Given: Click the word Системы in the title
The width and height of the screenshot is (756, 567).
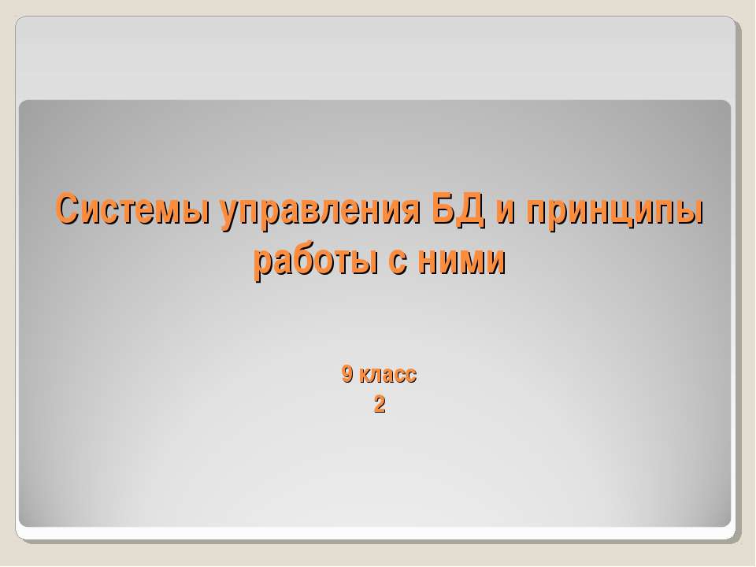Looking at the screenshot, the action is [x=132, y=209].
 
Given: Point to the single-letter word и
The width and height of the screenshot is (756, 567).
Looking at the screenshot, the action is [x=506, y=212].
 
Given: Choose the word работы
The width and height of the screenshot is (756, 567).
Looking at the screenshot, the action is [x=316, y=261].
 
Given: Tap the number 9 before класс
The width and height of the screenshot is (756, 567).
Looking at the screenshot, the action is [x=347, y=374].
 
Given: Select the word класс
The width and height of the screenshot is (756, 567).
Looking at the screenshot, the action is [x=387, y=376].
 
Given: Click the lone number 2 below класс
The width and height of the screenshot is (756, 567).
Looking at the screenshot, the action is [x=380, y=405].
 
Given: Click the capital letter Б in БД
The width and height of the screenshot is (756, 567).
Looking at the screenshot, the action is [x=444, y=209].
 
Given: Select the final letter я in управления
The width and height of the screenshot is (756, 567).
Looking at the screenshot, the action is [x=411, y=212].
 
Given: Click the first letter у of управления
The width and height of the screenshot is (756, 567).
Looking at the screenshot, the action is [x=229, y=216].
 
